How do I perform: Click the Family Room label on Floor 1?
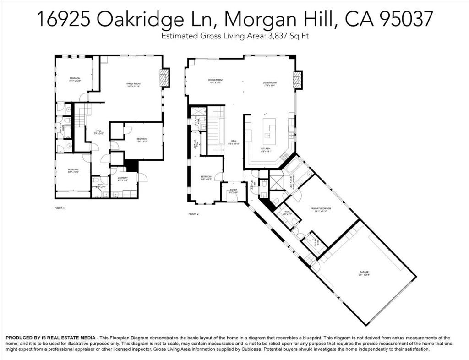pyautogui.click(x=133, y=84)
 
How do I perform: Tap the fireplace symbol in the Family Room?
pyautogui.click(x=164, y=78)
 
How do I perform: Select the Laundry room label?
pyautogui.click(x=122, y=178)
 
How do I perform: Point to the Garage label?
pyautogui.click(x=364, y=273)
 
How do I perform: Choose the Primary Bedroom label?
pyautogui.click(x=321, y=209)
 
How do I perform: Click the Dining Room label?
pyautogui.click(x=215, y=81)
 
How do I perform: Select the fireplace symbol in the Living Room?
pyautogui.click(x=298, y=81)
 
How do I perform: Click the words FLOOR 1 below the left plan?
pyautogui.click(x=60, y=208)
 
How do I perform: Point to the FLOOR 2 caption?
pyautogui.click(x=193, y=214)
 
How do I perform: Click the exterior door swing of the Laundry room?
pyautogui.click(x=142, y=178)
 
